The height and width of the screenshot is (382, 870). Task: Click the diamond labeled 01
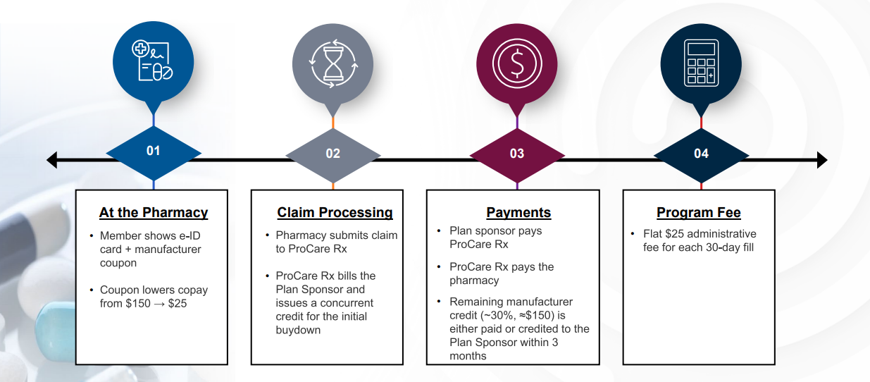pyautogui.click(x=154, y=152)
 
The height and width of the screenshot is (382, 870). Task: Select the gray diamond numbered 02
pyautogui.click(x=333, y=154)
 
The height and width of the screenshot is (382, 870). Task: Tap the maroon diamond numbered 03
pyautogui.click(x=517, y=154)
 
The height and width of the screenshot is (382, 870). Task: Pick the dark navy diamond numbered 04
pyautogui.click(x=701, y=154)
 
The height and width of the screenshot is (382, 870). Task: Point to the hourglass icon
pyautogui.click(x=333, y=62)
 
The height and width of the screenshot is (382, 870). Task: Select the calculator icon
pyautogui.click(x=701, y=62)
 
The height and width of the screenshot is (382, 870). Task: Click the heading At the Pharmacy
pyautogui.click(x=154, y=213)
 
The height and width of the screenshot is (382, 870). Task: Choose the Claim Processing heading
pyautogui.click(x=335, y=213)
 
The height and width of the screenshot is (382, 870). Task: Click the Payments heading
pyautogui.click(x=518, y=213)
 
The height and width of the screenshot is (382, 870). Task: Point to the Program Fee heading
pyautogui.click(x=698, y=213)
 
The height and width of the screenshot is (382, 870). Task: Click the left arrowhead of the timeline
pyautogui.click(x=51, y=161)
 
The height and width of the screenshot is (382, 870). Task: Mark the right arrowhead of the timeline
pyautogui.click(x=822, y=161)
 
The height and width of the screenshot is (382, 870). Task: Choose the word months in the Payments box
pyautogui.click(x=468, y=356)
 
